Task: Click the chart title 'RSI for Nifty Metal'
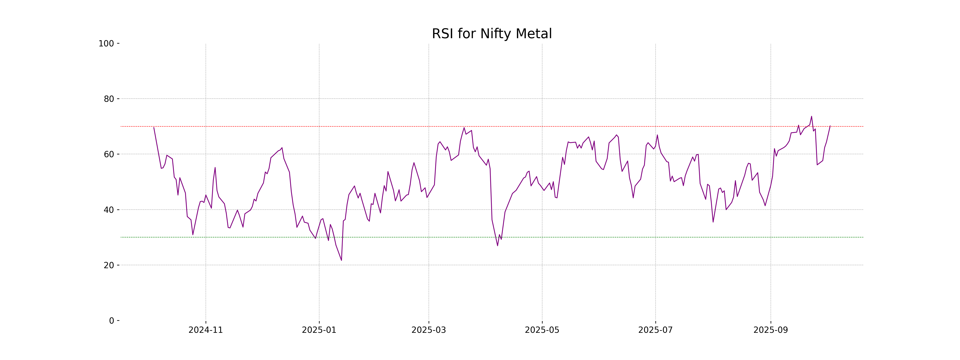[x=492, y=34]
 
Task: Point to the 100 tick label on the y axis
[x=106, y=44]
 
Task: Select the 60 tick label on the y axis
[x=109, y=154]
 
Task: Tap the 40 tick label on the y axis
[x=109, y=210]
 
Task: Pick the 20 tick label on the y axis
[x=109, y=265]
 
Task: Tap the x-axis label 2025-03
[x=429, y=330]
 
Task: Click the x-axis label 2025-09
[x=770, y=330]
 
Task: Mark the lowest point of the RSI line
[x=341, y=260]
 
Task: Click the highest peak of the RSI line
[x=811, y=116]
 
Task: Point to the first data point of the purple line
[x=154, y=127]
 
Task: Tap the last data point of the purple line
[x=830, y=126]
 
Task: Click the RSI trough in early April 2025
[x=497, y=245]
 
